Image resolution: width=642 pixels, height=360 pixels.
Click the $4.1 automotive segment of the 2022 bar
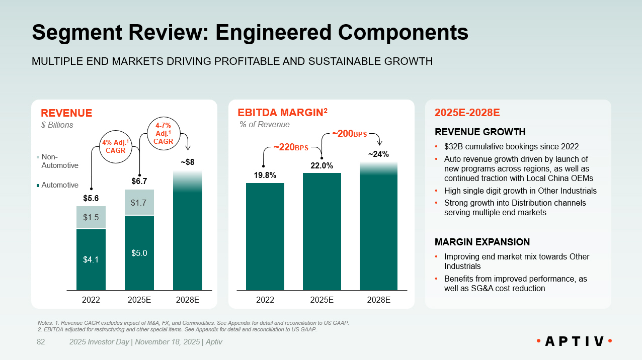[91, 259]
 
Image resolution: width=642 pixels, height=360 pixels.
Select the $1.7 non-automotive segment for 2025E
[139, 203]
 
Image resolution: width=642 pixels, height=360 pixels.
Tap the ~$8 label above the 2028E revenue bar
[187, 162]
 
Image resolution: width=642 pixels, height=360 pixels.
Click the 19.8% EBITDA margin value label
[265, 175]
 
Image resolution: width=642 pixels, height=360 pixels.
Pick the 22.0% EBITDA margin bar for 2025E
[322, 231]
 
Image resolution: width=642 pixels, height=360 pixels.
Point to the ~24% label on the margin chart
[378, 154]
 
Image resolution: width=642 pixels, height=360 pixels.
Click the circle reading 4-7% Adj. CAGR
[164, 133]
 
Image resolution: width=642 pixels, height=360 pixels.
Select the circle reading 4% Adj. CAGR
[114, 146]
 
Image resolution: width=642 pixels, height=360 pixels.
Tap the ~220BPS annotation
[290, 147]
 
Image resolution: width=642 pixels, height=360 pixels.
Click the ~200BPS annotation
[349, 134]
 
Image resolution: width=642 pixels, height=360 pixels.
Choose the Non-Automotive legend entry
[58, 161]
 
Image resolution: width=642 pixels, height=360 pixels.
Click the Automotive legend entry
[58, 185]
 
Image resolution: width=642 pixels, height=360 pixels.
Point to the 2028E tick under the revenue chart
[187, 300]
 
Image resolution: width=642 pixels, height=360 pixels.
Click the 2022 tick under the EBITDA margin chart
[265, 300]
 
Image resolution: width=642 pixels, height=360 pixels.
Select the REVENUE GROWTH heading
[480, 132]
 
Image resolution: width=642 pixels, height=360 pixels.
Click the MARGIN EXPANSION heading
[482, 242]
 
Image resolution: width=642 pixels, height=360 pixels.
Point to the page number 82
[41, 342]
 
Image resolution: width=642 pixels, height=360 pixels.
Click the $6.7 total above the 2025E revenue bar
[139, 181]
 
